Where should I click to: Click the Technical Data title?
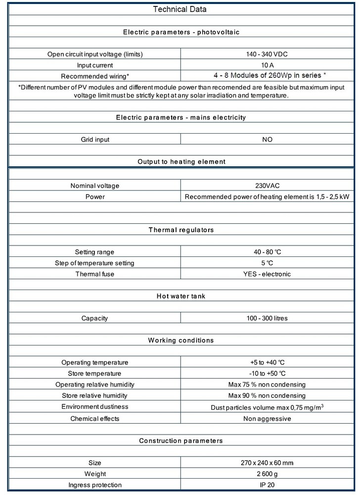180,9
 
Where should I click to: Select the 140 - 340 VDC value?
267,54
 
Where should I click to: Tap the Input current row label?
95,65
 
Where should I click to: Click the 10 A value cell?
267,65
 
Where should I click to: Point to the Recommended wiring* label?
95,76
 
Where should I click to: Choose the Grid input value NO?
267,140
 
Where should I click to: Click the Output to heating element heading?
180,161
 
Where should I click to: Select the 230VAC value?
267,186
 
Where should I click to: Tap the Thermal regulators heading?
180,230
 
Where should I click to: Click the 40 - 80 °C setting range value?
267,252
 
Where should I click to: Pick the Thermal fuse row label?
95,274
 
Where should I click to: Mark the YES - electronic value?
267,274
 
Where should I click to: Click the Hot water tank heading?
180,296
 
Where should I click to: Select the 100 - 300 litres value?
267,318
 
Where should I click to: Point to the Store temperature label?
95,373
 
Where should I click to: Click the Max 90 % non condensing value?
267,396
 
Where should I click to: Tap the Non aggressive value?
267,418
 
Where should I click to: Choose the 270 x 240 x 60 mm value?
267,463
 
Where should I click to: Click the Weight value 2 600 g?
267,474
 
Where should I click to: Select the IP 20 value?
267,485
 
